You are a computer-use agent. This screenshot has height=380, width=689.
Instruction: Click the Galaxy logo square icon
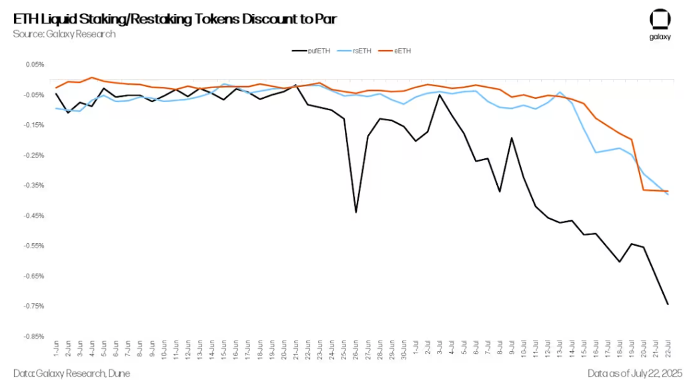660,19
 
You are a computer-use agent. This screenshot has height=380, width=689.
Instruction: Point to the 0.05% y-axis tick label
35,64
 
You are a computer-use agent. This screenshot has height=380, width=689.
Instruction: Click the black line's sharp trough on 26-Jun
356,212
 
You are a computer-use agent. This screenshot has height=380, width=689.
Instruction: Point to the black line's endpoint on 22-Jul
668,305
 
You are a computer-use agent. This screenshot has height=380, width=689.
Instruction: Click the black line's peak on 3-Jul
440,95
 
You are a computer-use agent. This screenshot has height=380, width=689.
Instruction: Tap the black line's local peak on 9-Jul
512,138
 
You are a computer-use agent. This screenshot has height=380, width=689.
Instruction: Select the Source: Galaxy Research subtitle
64,33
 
